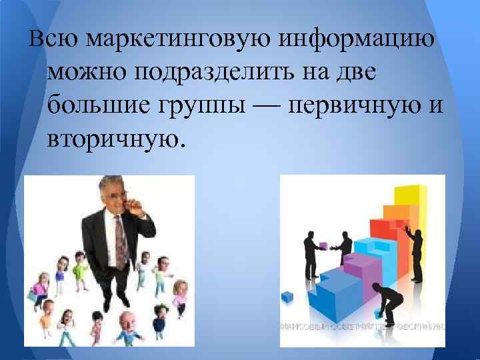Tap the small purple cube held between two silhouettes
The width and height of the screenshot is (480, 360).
[x=323, y=245]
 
